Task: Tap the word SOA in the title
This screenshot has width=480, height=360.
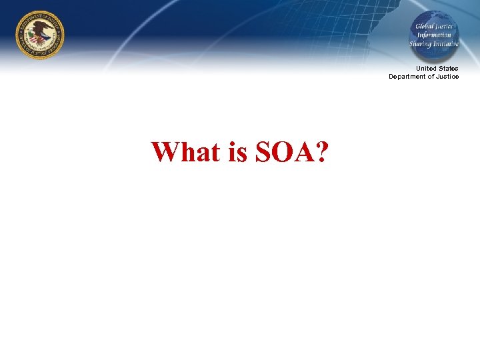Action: [280, 152]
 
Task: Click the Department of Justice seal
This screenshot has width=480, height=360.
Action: [40, 35]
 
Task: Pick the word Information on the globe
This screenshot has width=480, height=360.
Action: [434, 35]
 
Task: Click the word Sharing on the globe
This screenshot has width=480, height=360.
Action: [422, 43]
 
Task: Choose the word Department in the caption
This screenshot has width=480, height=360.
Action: [407, 77]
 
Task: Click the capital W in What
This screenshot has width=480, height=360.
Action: [164, 152]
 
